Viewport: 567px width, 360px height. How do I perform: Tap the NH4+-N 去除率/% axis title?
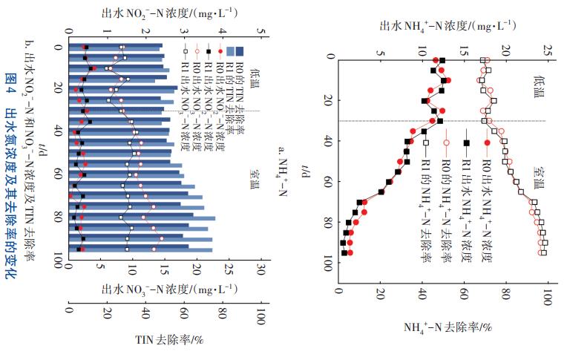point(449,326)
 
